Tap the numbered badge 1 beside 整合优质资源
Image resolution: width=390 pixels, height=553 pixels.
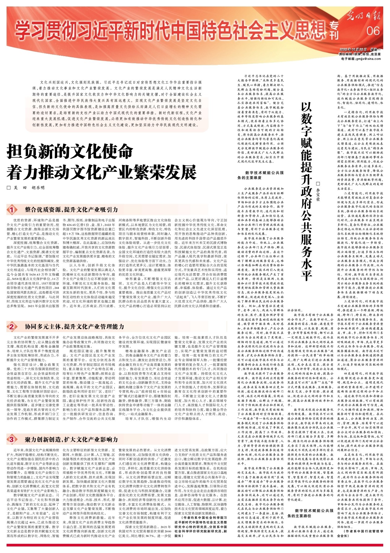12,210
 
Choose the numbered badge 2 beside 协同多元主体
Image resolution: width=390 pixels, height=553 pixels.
12,326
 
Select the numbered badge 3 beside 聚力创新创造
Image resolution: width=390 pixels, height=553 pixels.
12,439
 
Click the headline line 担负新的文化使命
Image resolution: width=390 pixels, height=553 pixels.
70,153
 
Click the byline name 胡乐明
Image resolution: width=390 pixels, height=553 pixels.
38,188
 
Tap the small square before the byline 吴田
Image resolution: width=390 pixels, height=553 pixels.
9,188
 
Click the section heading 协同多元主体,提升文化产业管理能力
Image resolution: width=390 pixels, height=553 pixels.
74,326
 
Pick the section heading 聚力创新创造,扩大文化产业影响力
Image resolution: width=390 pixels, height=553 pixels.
71,439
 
